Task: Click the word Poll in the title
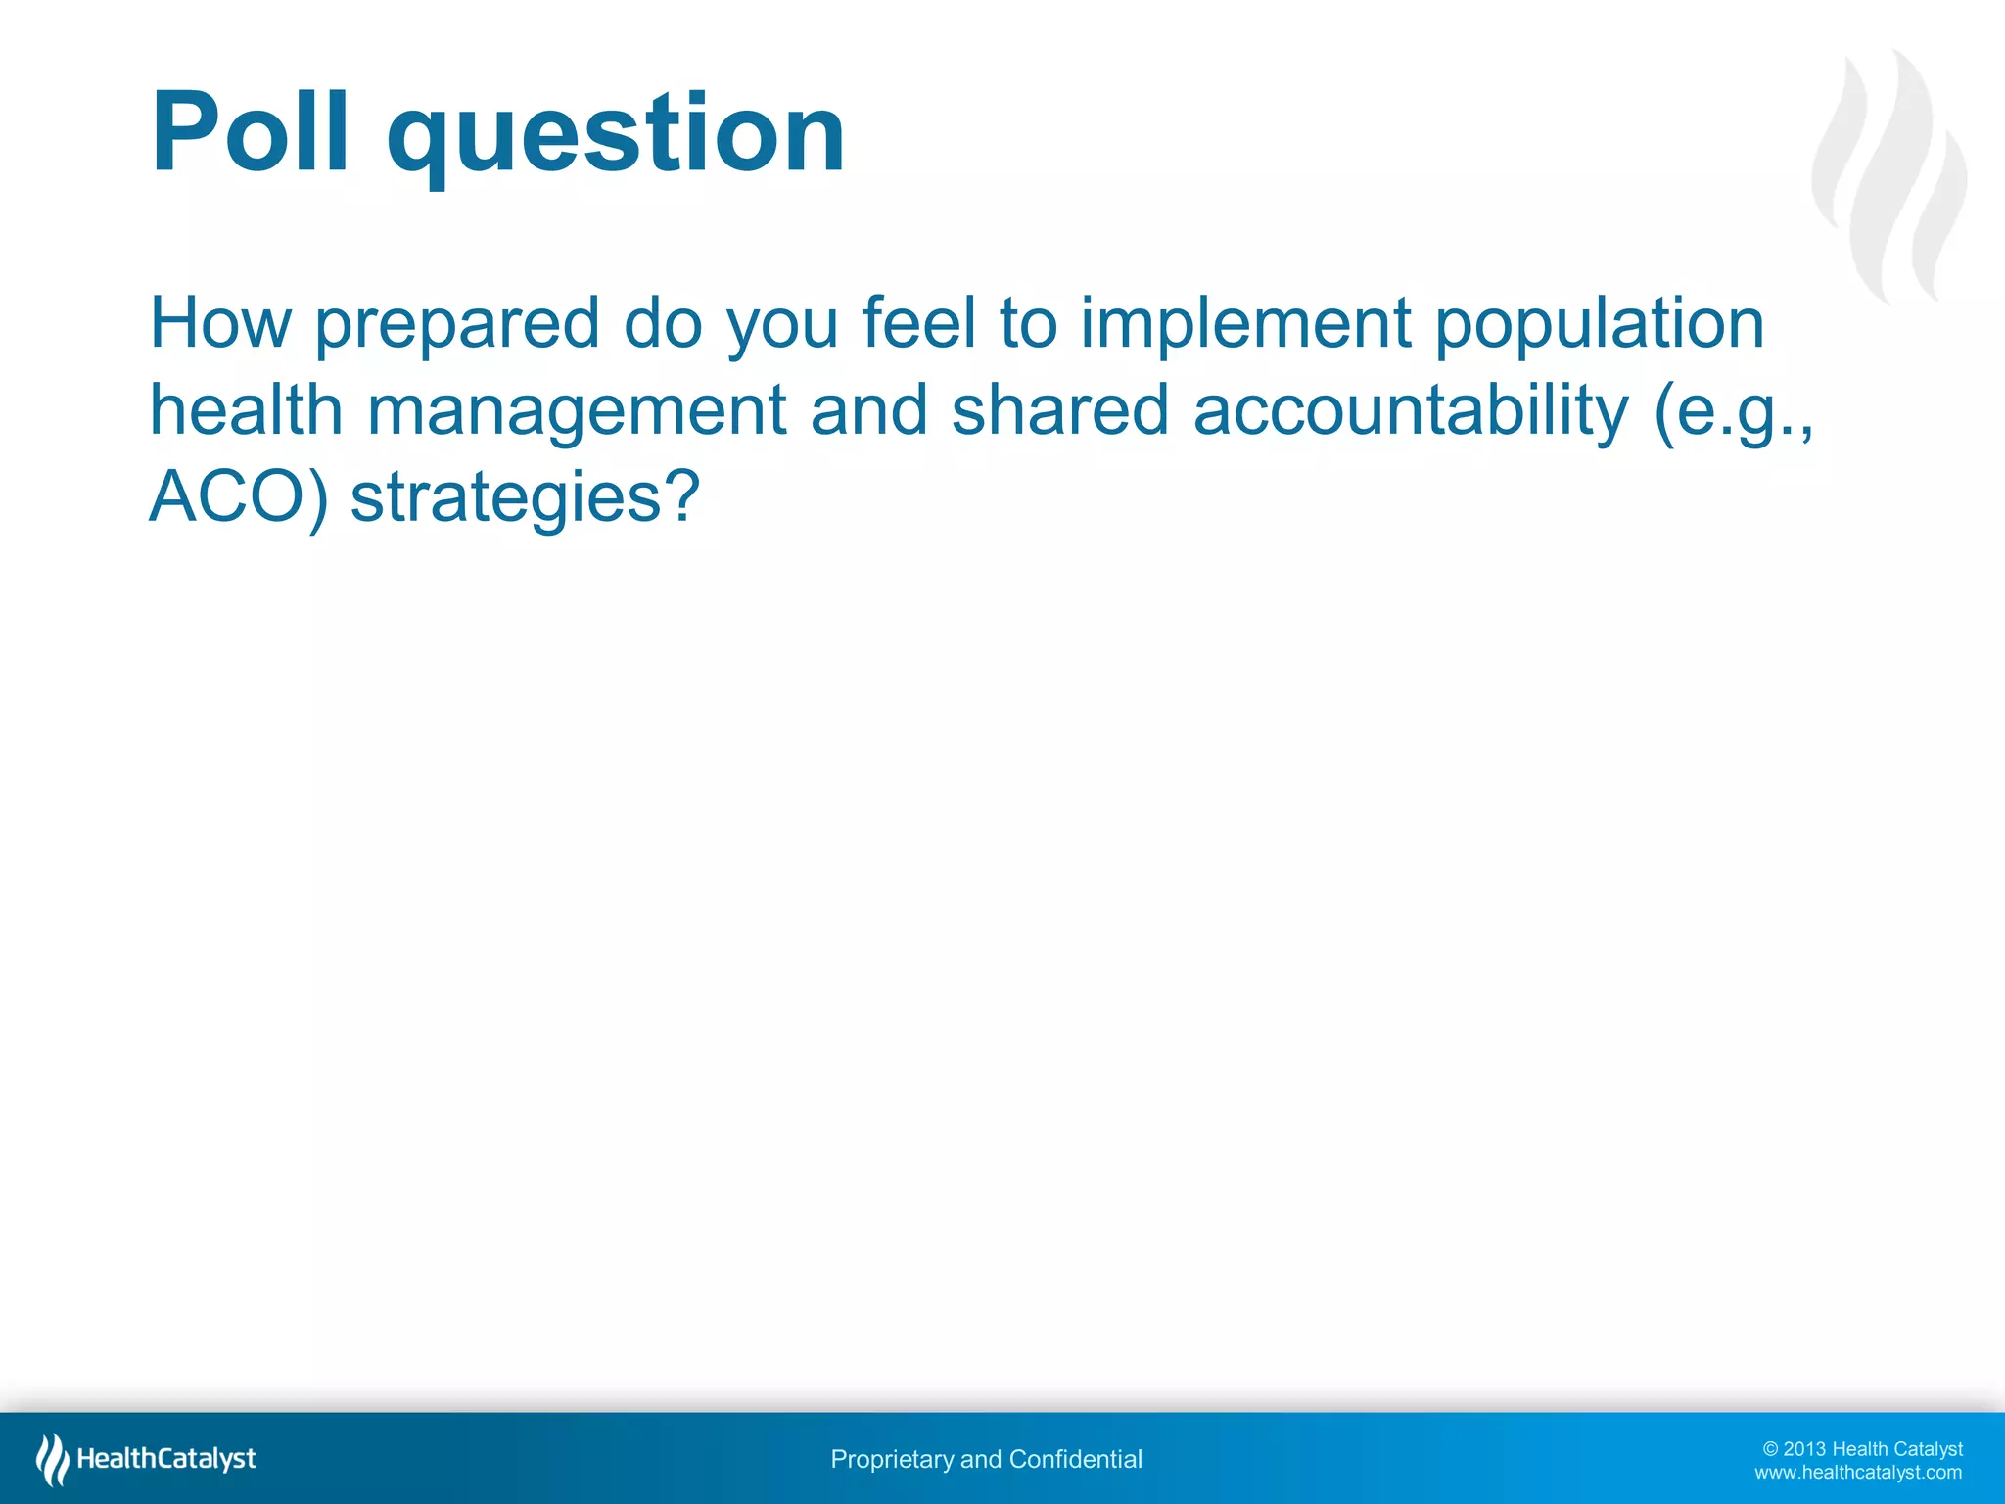(x=250, y=132)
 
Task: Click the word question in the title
(x=617, y=137)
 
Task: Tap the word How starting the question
(x=220, y=323)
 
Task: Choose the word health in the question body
(x=246, y=410)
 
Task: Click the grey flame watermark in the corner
(x=1889, y=176)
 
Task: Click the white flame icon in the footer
(x=52, y=1459)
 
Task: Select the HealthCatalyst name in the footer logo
(x=166, y=1459)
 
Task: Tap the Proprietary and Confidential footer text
(x=986, y=1459)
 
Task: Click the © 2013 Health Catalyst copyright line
(x=1862, y=1448)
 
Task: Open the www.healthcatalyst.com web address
(x=1857, y=1472)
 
